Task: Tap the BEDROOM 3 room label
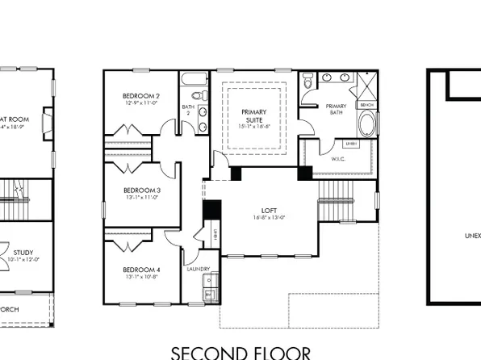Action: tap(141, 190)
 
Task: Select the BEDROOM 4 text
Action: tap(141, 270)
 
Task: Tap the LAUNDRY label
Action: tap(199, 270)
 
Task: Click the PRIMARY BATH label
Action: tap(336, 110)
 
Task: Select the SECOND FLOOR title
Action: tap(240, 352)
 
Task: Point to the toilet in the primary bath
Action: tap(307, 82)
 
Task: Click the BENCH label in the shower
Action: tap(366, 105)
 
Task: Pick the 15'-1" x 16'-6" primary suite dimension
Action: tap(258, 125)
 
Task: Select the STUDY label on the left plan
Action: tap(24, 252)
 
